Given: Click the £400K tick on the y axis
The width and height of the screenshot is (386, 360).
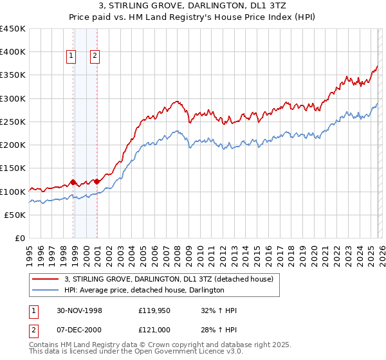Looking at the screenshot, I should click(12, 52).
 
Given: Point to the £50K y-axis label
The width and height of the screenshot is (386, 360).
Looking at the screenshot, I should click(15, 215).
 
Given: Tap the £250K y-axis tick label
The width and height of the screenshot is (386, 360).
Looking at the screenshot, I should click(12, 122).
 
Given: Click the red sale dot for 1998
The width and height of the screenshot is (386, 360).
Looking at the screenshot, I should click(73, 182).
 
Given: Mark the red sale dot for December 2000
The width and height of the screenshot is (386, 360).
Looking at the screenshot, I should click(96, 182).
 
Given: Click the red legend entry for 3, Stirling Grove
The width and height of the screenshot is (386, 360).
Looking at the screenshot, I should click(169, 280).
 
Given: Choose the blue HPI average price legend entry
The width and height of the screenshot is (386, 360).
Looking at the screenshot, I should click(144, 291).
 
